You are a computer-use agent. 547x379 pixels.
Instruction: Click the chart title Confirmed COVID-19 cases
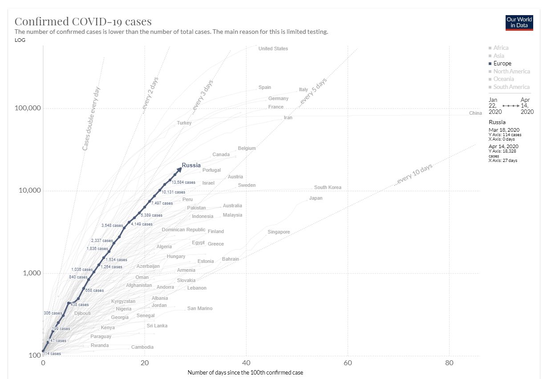(x=83, y=21)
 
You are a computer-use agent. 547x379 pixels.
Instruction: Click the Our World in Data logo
(x=519, y=23)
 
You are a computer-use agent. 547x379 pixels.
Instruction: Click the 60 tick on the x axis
(x=348, y=363)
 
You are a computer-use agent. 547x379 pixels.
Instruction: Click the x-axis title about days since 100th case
(x=245, y=373)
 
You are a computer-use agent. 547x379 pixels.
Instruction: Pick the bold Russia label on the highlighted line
(x=191, y=165)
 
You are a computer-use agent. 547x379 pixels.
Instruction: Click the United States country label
(x=273, y=48)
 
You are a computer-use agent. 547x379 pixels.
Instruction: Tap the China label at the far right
(x=475, y=113)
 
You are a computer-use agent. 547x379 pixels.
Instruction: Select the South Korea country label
(x=328, y=188)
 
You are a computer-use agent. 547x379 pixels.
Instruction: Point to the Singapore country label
(x=279, y=232)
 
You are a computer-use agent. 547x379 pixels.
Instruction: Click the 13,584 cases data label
(x=183, y=182)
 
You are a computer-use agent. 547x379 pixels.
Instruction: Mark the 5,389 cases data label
(x=151, y=215)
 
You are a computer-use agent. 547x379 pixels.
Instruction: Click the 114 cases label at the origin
(x=52, y=354)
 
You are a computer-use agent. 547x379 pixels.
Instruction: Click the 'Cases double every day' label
(x=91, y=118)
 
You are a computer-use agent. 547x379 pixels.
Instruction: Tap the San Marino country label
(x=200, y=308)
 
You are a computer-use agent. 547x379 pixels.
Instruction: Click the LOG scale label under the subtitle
(x=20, y=40)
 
